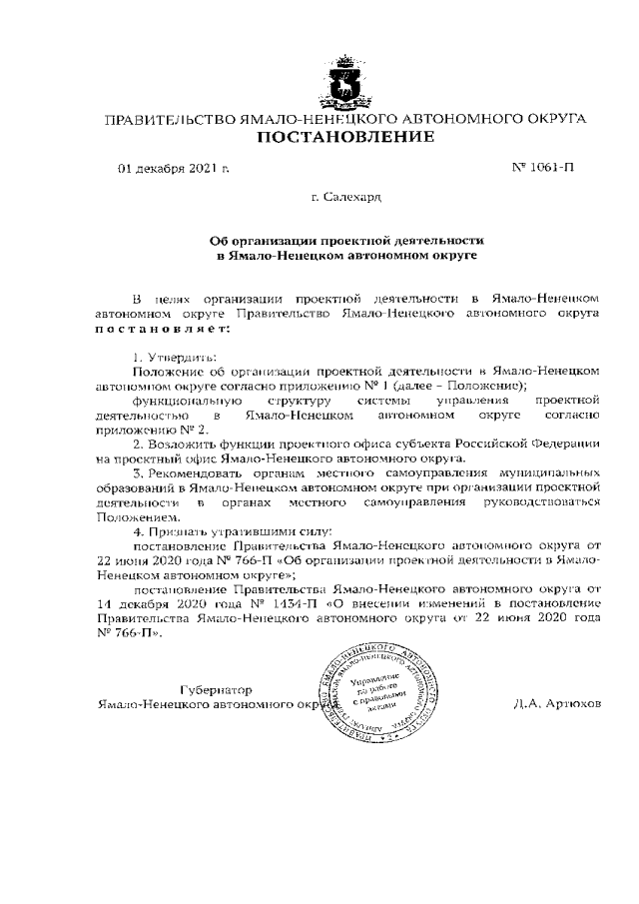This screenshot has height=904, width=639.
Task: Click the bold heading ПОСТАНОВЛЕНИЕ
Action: coord(345,137)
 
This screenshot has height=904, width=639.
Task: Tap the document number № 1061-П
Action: coord(542,167)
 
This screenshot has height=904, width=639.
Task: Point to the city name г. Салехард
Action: coord(345,200)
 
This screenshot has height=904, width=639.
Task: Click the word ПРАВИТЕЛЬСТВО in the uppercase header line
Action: coord(170,119)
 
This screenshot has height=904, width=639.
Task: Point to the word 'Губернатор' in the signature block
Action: coord(216,690)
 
